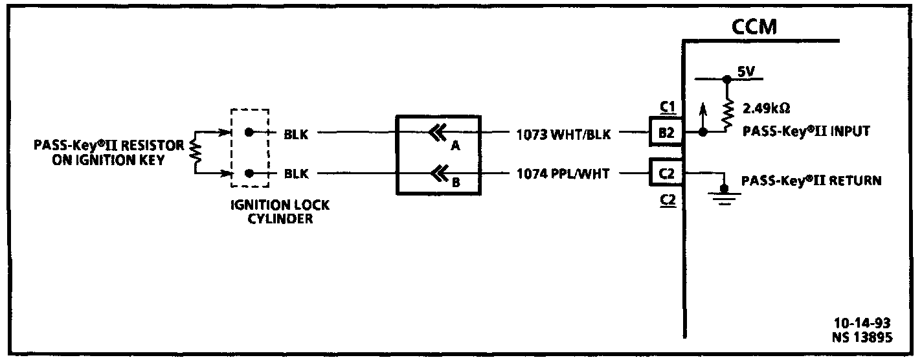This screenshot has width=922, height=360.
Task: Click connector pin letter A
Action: tap(455, 146)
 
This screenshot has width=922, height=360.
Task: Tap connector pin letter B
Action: tap(455, 183)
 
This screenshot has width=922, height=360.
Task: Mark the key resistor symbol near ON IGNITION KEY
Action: tap(194, 153)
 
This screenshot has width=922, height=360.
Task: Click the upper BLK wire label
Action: tap(296, 135)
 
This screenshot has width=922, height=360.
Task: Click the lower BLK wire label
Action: tap(296, 174)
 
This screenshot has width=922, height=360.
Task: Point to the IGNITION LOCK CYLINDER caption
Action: tap(280, 212)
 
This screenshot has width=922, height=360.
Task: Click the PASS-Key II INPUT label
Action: tap(805, 132)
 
